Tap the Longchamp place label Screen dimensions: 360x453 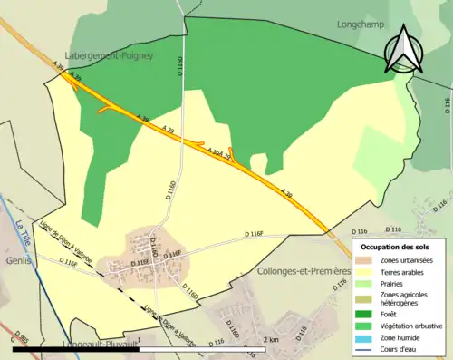360,24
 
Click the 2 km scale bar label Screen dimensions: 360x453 270,339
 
